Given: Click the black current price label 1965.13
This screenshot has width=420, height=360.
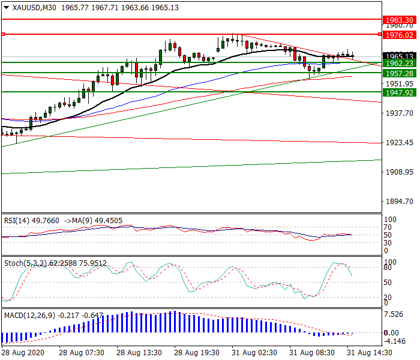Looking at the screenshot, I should point(398,56).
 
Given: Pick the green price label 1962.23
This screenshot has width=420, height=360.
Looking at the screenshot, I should point(398,63).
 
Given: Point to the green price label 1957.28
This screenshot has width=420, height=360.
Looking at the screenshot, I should point(398,73).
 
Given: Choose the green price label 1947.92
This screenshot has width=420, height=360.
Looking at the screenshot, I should point(398,92).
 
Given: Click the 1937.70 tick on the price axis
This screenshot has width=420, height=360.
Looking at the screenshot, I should point(398,113).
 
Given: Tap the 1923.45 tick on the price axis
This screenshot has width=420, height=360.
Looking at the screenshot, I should point(398,143).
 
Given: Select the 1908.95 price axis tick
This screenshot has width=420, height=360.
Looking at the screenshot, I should point(398,172).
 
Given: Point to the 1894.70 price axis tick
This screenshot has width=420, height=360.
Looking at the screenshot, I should point(398,202).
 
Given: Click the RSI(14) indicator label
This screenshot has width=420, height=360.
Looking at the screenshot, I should point(17,220).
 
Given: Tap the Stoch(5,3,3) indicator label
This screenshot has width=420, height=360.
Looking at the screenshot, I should point(23,263).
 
